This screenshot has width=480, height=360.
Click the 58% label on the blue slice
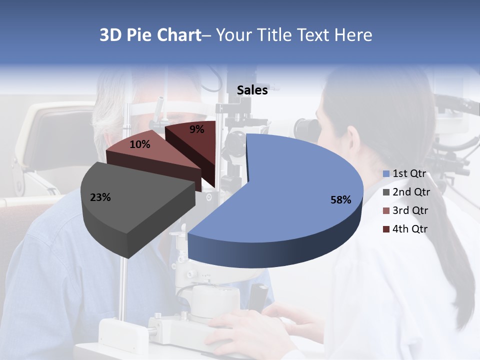point(340,200)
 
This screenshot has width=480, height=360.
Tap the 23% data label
point(100,197)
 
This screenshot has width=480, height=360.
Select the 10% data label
point(139,144)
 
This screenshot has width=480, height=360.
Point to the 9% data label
point(197,129)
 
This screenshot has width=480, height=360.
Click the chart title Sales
point(252,90)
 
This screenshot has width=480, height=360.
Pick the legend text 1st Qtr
point(409,173)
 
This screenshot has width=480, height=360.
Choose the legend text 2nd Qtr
point(411,192)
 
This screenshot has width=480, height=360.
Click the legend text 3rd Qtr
point(411,210)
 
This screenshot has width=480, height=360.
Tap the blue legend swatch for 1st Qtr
point(386,174)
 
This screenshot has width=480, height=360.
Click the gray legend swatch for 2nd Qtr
point(386,192)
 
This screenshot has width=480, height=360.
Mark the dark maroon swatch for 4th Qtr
point(386,229)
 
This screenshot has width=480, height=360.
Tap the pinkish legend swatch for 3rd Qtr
point(386,211)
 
